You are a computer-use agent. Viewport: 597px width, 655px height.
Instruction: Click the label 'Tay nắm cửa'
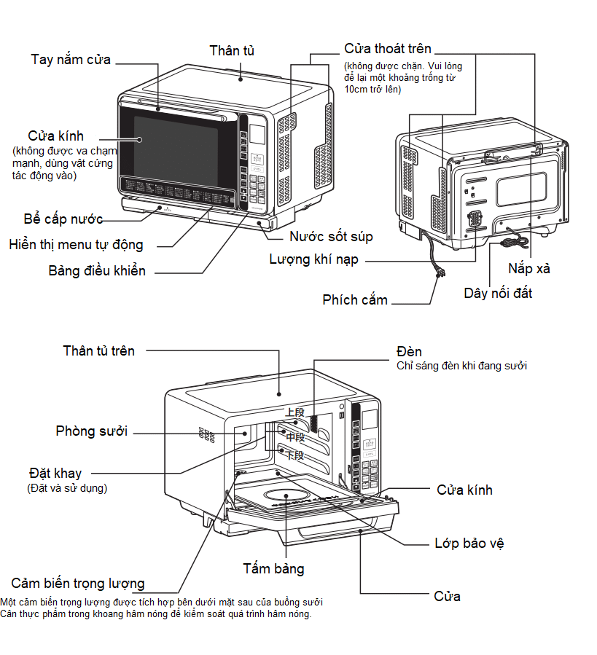(71, 60)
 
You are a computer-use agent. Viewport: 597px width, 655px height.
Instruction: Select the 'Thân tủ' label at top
(232, 50)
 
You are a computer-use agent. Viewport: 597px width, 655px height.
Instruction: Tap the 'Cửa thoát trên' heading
(388, 49)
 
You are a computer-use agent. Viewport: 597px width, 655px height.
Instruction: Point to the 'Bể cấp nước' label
(63, 219)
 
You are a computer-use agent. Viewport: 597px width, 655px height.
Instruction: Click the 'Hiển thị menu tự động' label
(77, 244)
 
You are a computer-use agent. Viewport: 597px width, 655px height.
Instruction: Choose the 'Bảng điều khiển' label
(97, 271)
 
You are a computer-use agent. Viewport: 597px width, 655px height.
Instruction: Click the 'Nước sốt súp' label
(331, 237)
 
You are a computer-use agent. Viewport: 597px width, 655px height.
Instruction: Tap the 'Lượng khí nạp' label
(313, 259)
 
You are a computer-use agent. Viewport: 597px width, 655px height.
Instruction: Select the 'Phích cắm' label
(355, 299)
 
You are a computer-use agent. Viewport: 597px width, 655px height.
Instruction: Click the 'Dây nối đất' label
(498, 294)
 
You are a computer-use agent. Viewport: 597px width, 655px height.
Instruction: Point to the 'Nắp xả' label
(529, 269)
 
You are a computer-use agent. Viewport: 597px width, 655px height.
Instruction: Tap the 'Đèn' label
(409, 352)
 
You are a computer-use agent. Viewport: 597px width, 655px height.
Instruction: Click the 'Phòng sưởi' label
(92, 431)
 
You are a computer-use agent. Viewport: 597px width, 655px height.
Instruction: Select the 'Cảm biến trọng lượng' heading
(78, 584)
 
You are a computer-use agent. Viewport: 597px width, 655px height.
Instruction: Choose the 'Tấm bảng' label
(273, 568)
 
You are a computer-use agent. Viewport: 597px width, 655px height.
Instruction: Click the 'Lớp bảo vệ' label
(469, 544)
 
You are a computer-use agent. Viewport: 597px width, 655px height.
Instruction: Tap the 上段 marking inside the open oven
(294, 412)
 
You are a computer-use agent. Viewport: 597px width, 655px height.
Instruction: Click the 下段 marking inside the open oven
(294, 455)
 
